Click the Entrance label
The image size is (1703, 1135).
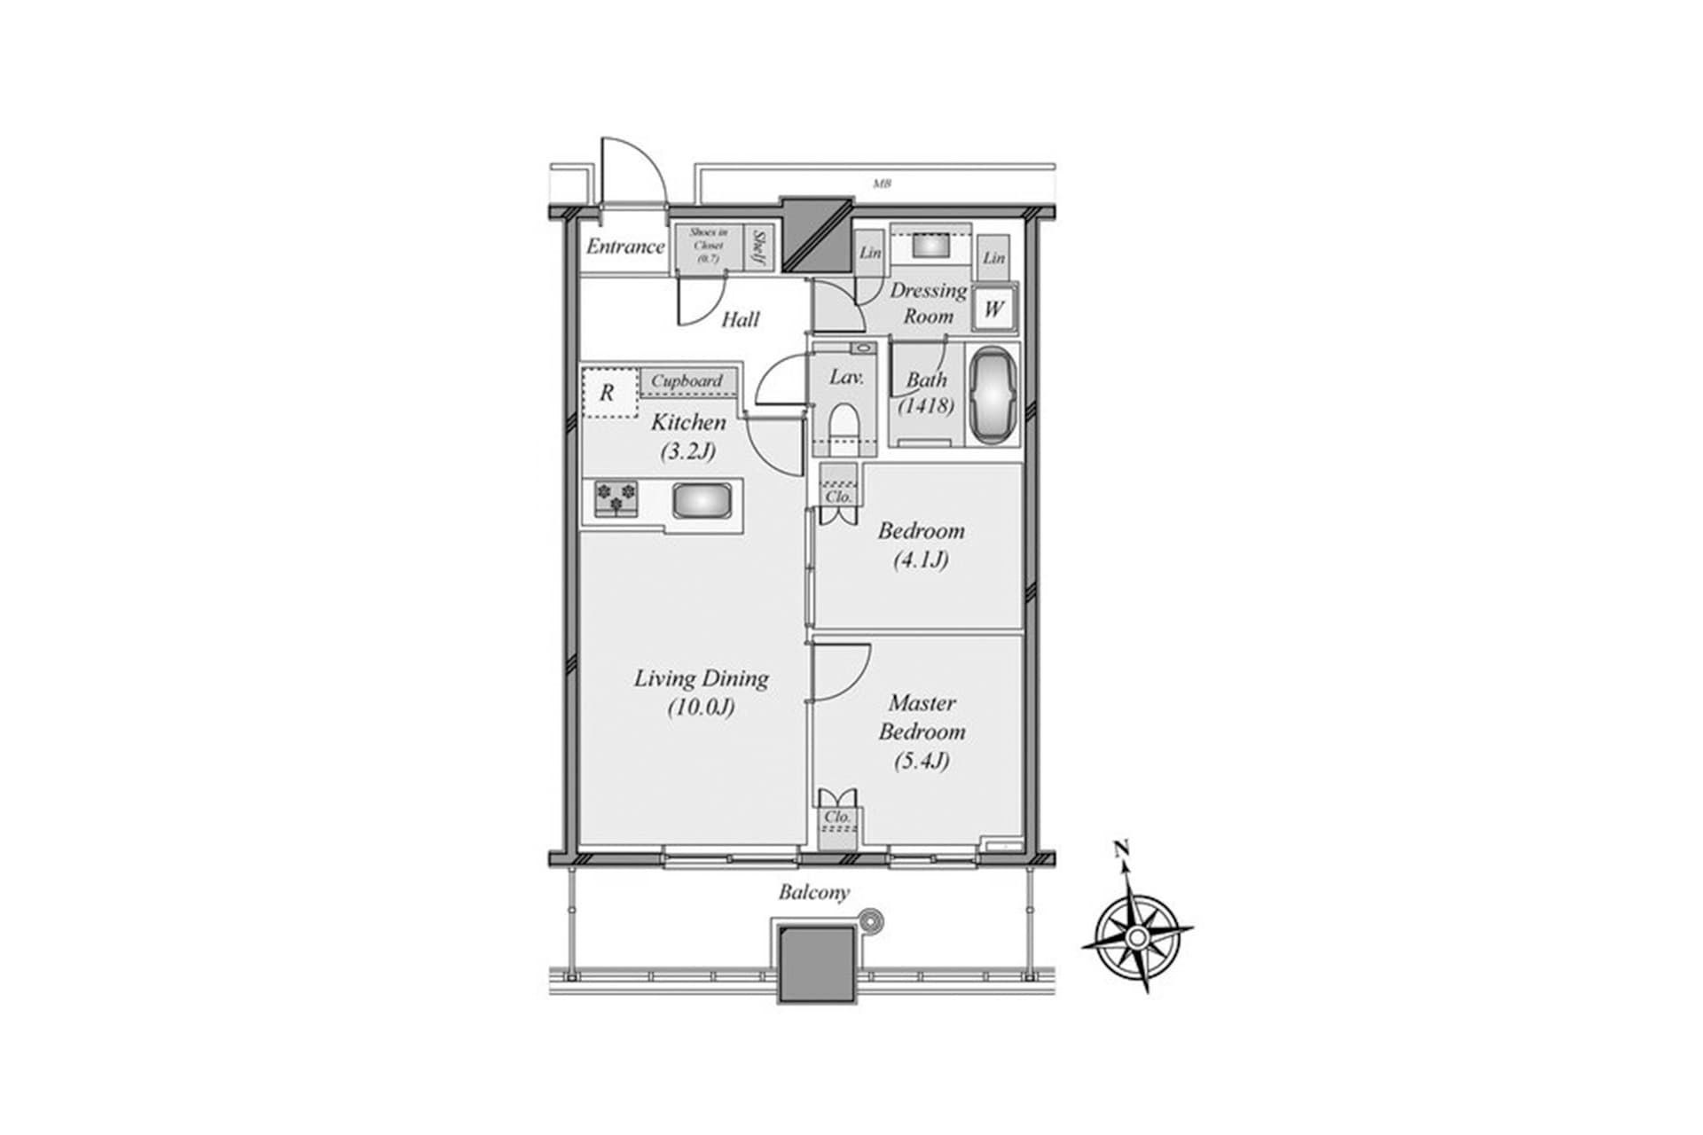click(624, 247)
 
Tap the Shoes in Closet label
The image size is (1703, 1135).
click(709, 246)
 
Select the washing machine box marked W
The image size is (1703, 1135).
click(993, 309)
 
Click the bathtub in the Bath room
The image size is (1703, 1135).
click(993, 395)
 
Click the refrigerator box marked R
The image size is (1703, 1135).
click(608, 392)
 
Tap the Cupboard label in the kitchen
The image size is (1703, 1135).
click(687, 381)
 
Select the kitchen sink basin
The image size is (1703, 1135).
click(702, 501)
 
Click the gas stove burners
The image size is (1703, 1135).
click(616, 497)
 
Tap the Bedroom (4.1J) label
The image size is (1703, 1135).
click(921, 544)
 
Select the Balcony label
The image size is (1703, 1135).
click(813, 893)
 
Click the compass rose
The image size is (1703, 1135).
click(1136, 936)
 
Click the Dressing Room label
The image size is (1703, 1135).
click(928, 303)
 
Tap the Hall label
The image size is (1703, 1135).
click(740, 319)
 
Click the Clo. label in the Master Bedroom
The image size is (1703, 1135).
click(837, 816)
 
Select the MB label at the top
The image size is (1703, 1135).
click(881, 184)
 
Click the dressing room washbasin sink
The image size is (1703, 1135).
click(930, 245)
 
